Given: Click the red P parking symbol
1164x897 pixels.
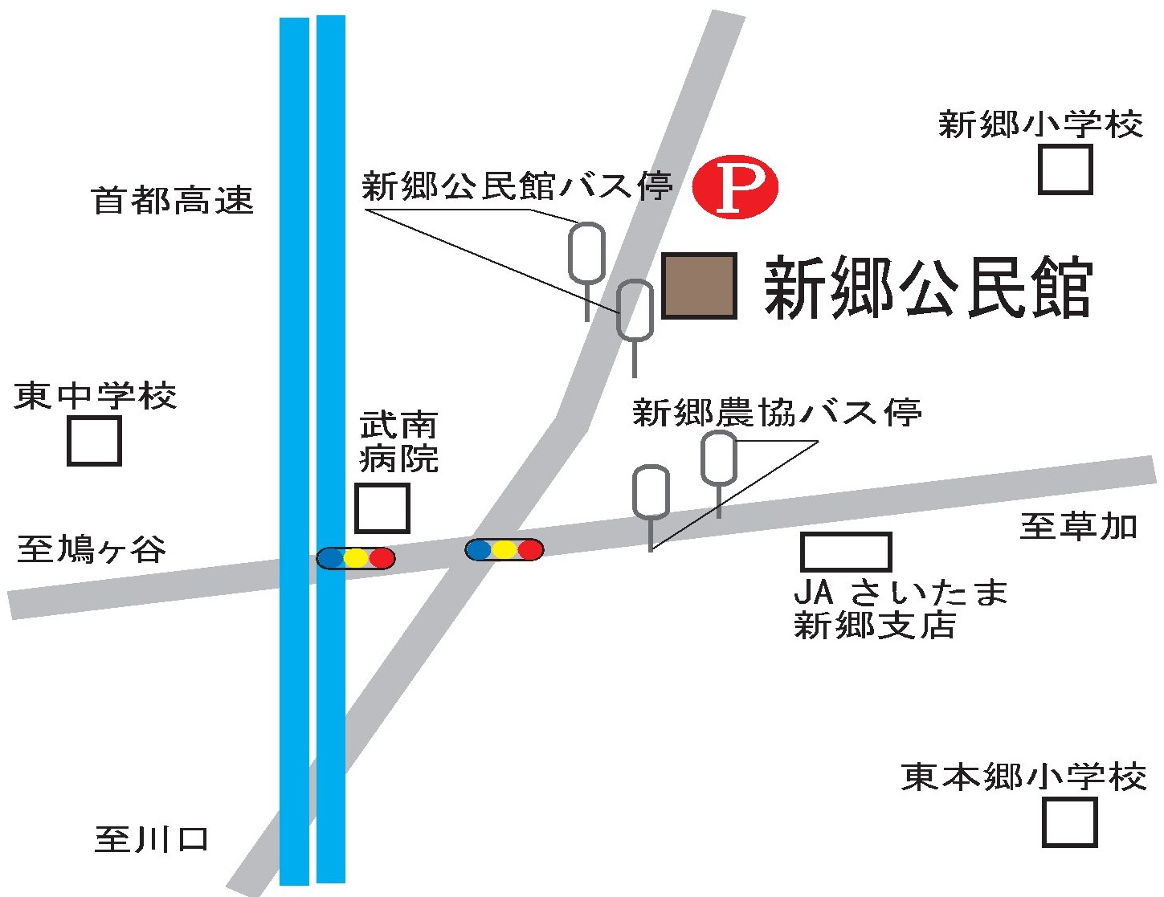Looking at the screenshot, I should pos(735,186).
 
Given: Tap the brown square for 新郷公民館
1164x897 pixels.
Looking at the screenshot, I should pos(699,286).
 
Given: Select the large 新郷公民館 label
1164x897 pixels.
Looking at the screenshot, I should pos(928,287).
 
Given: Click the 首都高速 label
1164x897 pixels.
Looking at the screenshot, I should pos(173,200).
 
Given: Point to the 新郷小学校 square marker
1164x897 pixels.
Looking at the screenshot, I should pos(1065,169).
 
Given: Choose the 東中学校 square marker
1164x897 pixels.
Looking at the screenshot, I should pos(94,441).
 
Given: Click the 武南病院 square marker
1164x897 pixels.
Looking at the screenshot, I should pos(382,508).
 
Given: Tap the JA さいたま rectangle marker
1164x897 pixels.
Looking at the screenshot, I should pos(846,552).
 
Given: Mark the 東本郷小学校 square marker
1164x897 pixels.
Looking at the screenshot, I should pos(1069,822).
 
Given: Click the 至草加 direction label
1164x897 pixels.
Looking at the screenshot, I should pos(1079,526).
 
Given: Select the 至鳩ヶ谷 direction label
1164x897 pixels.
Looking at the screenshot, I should pos(92,550).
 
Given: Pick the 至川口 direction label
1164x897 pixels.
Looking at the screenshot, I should pos(152,839).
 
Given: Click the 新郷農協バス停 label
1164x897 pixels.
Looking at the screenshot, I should pos(776,413).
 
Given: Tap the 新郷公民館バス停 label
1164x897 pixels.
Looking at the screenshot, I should pos(517,186).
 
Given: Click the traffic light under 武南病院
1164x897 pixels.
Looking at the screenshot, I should pos(356,558).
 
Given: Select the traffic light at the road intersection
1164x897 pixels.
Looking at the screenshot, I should pos(504,549).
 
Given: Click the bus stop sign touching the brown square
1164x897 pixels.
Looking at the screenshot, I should pos(635,310).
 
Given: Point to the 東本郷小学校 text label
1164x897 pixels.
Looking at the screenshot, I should pos(1023,777).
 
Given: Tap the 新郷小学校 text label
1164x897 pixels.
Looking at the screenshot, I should pos(1040,124).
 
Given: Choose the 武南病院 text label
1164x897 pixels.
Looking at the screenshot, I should pos(398,442).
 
